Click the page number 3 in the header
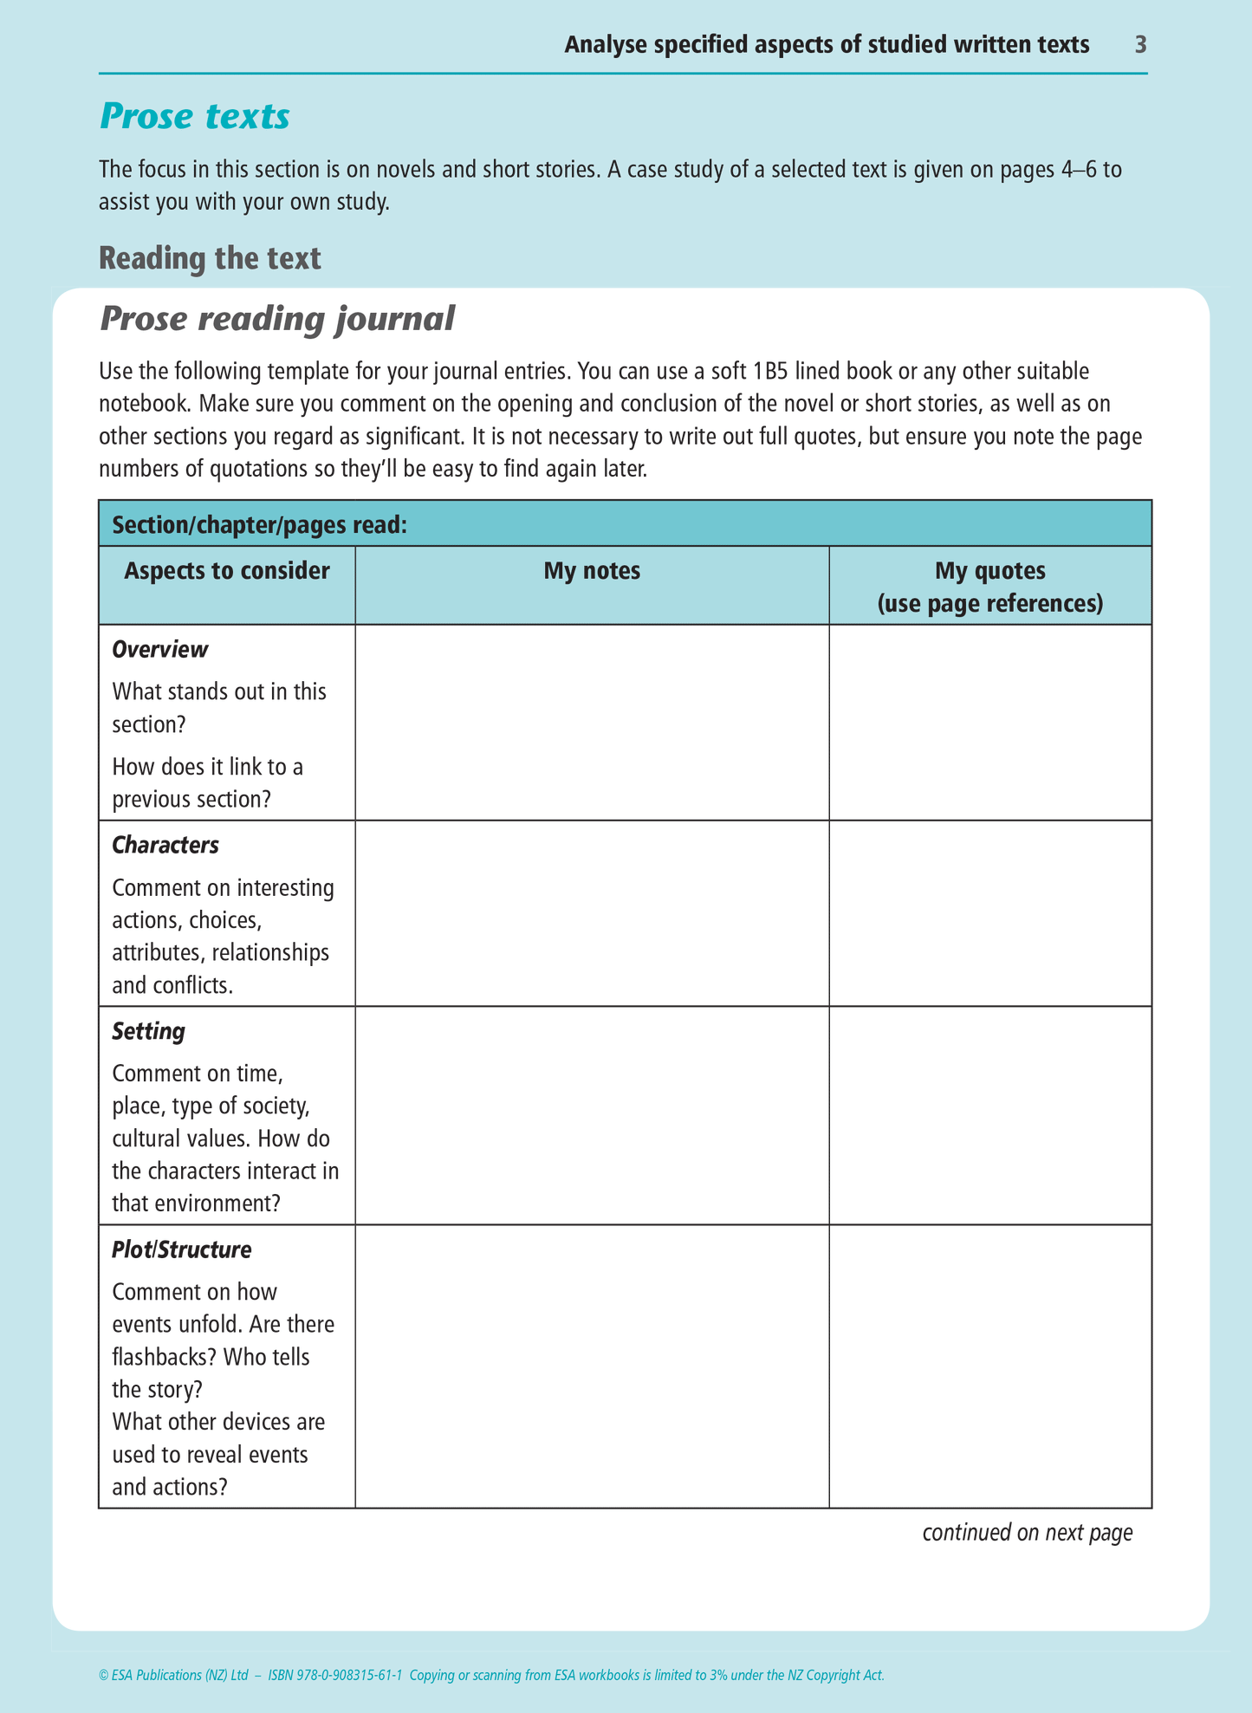point(1140,44)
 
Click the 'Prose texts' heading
point(195,116)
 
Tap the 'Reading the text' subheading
point(210,258)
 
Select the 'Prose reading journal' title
point(277,319)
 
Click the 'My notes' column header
point(592,570)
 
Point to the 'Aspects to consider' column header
point(227,570)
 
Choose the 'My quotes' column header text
point(990,570)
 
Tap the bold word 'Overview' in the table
point(160,649)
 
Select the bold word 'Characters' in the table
point(165,845)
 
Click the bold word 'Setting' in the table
point(148,1031)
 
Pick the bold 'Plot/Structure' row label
point(182,1249)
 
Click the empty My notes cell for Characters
point(592,913)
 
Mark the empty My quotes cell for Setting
point(990,1115)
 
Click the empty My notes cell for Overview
point(592,722)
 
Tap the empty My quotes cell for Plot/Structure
point(990,1366)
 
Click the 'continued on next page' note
point(1028,1533)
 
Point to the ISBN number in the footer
point(335,1676)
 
